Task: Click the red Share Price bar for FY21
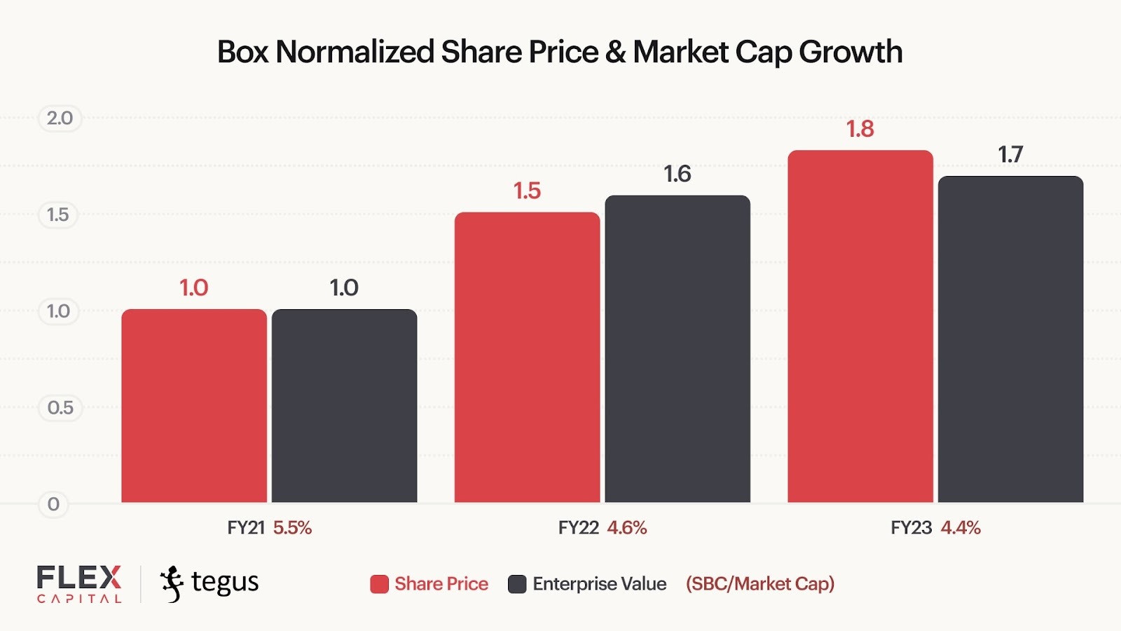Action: pyautogui.click(x=194, y=406)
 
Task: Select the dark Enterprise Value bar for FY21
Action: pyautogui.click(x=344, y=406)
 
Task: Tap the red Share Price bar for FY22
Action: pyautogui.click(x=527, y=358)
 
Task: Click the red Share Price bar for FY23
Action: pyautogui.click(x=860, y=327)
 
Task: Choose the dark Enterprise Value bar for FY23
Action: pyautogui.click(x=1010, y=339)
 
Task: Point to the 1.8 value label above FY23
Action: pyautogui.click(x=860, y=129)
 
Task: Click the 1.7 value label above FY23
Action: pyautogui.click(x=1010, y=154)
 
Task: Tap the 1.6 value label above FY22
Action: pyautogui.click(x=678, y=174)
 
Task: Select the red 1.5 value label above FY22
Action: pyautogui.click(x=527, y=191)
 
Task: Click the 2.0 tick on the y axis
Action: pyautogui.click(x=60, y=118)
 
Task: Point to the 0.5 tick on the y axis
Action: pyautogui.click(x=60, y=407)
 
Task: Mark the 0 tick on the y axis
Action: pyautogui.click(x=53, y=504)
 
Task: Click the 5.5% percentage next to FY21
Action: pyautogui.click(x=292, y=528)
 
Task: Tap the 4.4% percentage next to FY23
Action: pyautogui.click(x=961, y=528)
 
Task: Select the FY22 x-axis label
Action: pyautogui.click(x=578, y=528)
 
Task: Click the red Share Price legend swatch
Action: pyautogui.click(x=379, y=584)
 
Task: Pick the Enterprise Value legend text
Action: pyautogui.click(x=599, y=584)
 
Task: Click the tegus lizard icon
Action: pyautogui.click(x=172, y=583)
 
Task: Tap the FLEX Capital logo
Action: pyautogui.click(x=79, y=583)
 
